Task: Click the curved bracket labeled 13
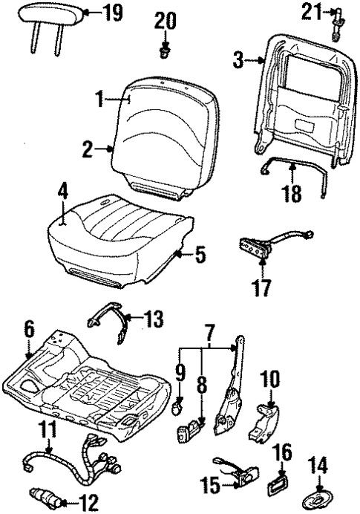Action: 106,327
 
